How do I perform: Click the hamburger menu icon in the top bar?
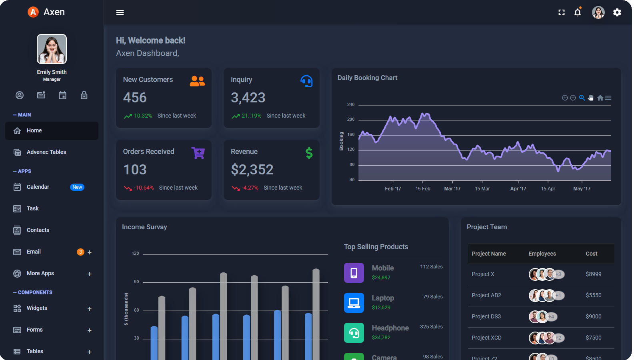120,12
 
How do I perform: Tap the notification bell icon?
578,12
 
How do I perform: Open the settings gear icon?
617,12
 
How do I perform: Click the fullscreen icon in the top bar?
562,12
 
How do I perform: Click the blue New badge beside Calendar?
77,187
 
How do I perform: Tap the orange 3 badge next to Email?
80,252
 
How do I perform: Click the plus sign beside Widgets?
90,309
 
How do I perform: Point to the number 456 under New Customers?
135,98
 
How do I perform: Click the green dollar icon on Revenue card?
309,153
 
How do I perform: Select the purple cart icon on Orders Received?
198,153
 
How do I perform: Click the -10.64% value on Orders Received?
144,188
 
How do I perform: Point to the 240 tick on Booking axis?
351,104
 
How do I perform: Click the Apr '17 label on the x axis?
518,189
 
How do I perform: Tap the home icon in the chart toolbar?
600,98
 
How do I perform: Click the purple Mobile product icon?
354,273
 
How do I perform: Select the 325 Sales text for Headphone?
431,327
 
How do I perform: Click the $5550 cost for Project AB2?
594,295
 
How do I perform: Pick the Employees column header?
542,254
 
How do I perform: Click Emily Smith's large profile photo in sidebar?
52,49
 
